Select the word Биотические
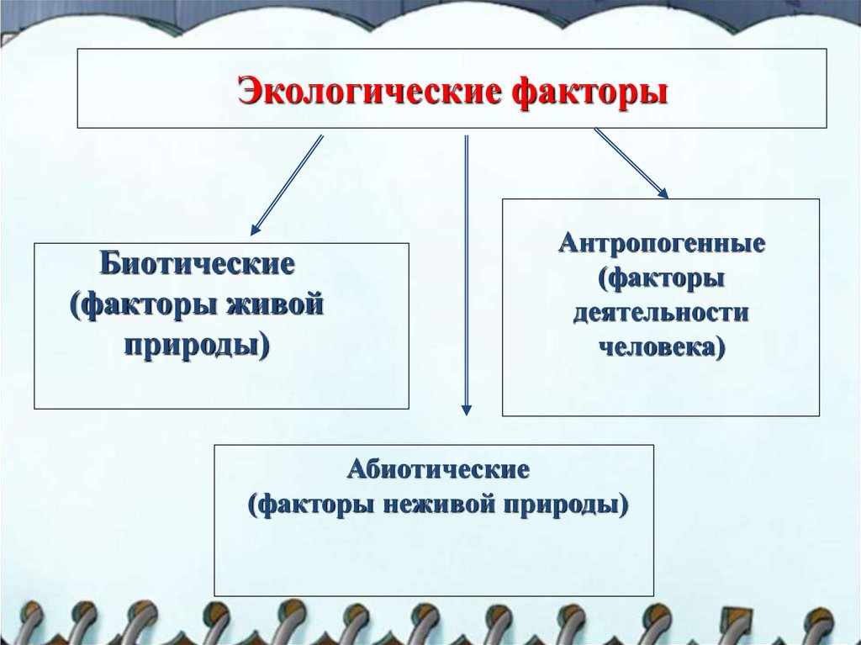[x=198, y=263]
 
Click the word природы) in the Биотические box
[x=198, y=342]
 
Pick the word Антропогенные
[x=661, y=245]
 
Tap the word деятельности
[x=661, y=312]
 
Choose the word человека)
[x=661, y=346]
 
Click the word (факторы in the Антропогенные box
[x=661, y=278]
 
